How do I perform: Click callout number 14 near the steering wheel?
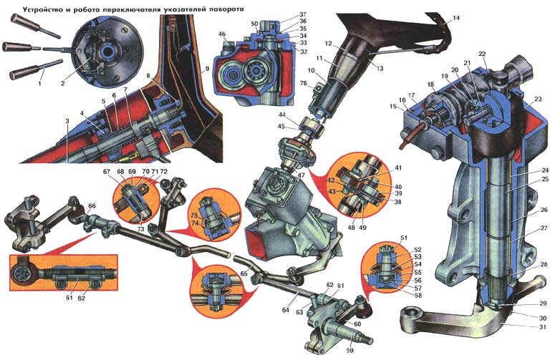click(x=456, y=17)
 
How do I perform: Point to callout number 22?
click(x=482, y=54)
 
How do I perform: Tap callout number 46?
click(x=222, y=34)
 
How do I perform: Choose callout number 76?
click(x=304, y=84)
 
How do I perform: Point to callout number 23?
click(x=538, y=99)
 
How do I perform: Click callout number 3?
click(x=67, y=124)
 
